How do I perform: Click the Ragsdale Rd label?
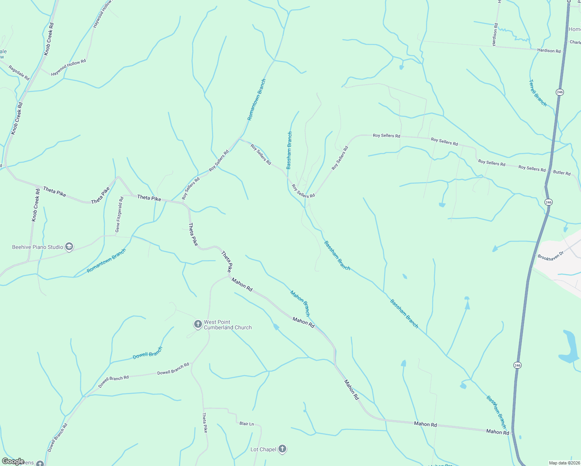click(19, 73)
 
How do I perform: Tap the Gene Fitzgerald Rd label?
click(119, 214)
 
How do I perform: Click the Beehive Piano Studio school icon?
click(69, 247)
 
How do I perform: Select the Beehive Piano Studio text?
click(37, 247)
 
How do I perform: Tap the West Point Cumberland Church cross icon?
click(198, 324)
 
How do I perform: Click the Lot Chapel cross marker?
click(282, 449)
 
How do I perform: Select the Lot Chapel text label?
click(263, 449)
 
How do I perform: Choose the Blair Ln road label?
click(246, 424)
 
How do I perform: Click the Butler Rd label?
click(562, 173)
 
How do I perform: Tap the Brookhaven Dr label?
click(550, 252)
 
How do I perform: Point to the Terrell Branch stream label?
click(538, 93)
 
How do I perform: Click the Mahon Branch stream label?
click(300, 303)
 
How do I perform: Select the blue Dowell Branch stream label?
click(147, 353)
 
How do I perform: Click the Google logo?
click(13, 461)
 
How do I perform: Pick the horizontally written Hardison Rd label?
click(549, 51)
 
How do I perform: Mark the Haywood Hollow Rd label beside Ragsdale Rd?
click(68, 67)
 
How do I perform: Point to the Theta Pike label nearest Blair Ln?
click(205, 423)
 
